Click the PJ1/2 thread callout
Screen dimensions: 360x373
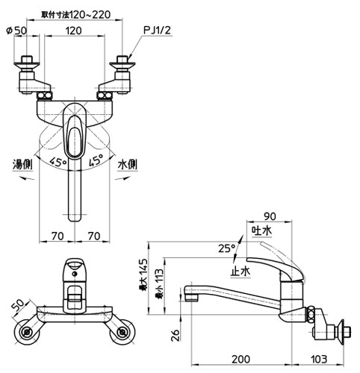pyautogui.click(x=158, y=31)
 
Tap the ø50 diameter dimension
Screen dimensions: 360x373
pyautogui.click(x=16, y=31)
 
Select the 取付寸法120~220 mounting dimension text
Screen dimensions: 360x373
pyautogui.click(x=75, y=15)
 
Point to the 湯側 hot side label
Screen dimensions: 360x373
pyautogui.click(x=22, y=164)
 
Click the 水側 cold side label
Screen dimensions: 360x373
pyautogui.click(x=128, y=164)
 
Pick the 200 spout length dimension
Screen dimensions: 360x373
pyautogui.click(x=240, y=360)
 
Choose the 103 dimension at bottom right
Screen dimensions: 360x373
pyautogui.click(x=319, y=360)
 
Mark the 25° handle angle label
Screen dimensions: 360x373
pyautogui.click(x=227, y=248)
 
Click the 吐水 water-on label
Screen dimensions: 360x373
pyautogui.click(x=261, y=231)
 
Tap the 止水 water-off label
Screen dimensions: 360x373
pyautogui.click(x=240, y=272)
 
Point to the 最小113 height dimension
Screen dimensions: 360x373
pyautogui.click(x=159, y=283)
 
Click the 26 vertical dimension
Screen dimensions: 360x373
pyautogui.click(x=176, y=335)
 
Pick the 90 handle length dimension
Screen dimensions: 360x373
pyautogui.click(x=270, y=216)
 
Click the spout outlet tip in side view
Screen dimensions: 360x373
pyautogui.click(x=191, y=299)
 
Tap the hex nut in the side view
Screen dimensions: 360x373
pyautogui.click(x=309, y=315)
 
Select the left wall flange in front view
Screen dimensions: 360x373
pyautogui.click(x=26, y=331)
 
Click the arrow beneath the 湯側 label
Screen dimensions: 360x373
pyautogui.click(x=27, y=178)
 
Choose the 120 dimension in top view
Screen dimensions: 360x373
pyautogui.click(x=74, y=31)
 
